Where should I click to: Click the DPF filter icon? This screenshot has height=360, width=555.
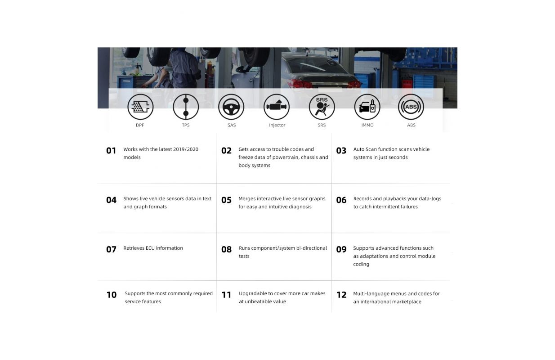point(140,107)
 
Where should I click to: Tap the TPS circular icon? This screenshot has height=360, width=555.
point(186,107)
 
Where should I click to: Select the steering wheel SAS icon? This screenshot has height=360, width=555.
point(231,107)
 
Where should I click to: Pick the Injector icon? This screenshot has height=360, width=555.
point(277,107)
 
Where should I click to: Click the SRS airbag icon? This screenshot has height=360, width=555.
point(322,107)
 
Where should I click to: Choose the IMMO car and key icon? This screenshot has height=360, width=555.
point(367,107)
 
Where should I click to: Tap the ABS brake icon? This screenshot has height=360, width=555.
point(411,107)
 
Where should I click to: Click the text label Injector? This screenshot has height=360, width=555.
point(277,125)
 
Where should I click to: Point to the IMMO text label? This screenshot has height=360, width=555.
point(367,125)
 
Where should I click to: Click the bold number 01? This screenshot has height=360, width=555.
point(111,150)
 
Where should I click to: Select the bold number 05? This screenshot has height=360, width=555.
point(226,200)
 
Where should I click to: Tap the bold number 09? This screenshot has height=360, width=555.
point(341,249)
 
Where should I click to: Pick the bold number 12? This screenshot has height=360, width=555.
point(341,295)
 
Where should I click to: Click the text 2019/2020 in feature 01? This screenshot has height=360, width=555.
point(186,149)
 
